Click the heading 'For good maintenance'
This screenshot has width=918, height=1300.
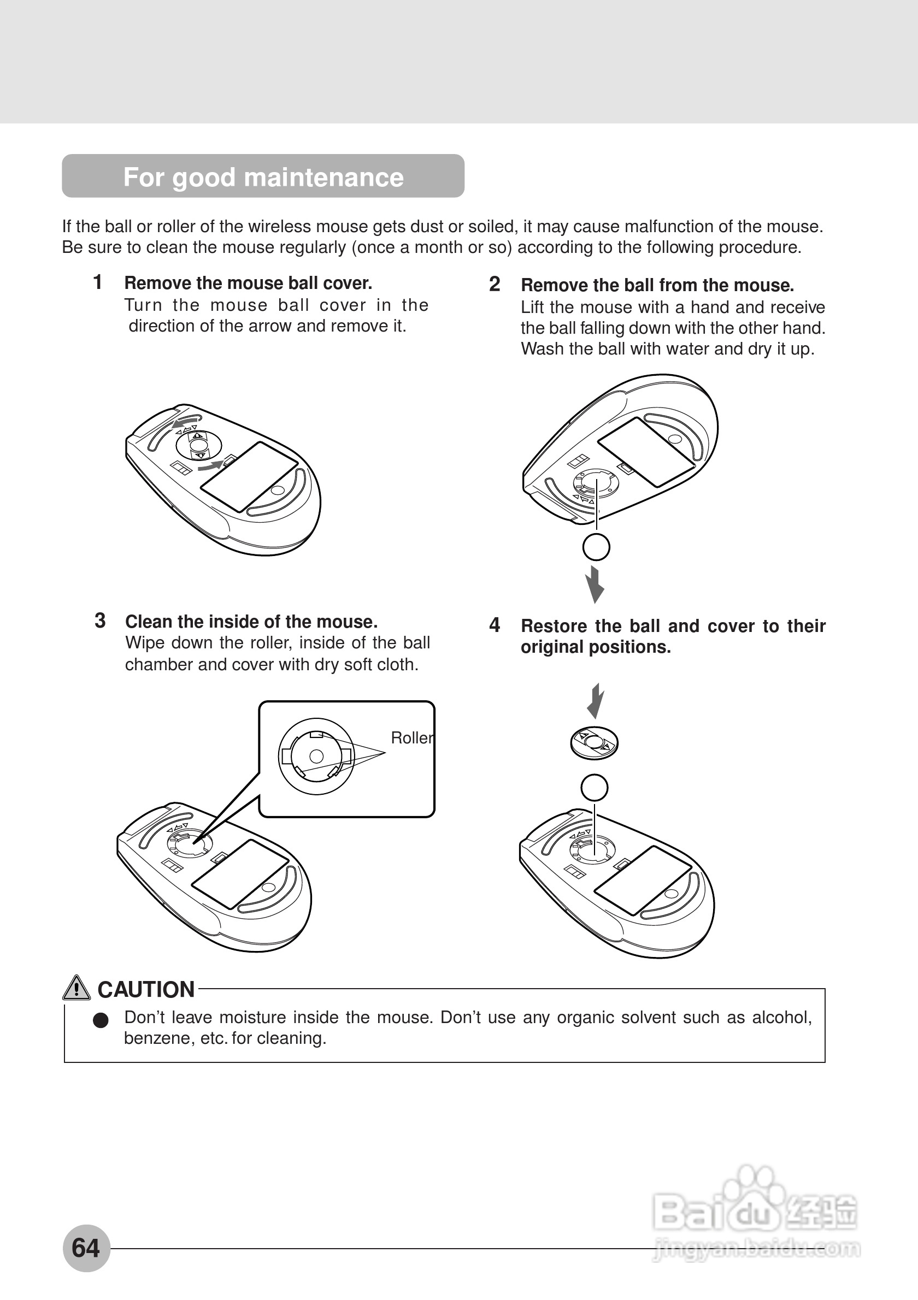pos(263,177)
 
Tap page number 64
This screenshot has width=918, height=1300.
pos(85,1248)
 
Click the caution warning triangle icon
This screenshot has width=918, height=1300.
pos(76,988)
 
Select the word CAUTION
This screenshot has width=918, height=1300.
pos(146,990)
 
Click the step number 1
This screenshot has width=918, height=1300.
pos(97,282)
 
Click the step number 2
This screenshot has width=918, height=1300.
pos(495,284)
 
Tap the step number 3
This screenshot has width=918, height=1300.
pos(100,621)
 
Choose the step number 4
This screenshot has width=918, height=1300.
pos(495,625)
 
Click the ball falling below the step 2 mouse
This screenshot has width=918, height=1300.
pos(596,547)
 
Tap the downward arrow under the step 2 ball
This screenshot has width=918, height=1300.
pos(594,584)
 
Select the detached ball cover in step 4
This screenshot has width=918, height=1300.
pos(594,743)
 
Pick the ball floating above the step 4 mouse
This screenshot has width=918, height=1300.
pos(595,788)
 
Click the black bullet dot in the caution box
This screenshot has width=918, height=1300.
pos(101,1020)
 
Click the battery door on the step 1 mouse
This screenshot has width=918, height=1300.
pos(249,477)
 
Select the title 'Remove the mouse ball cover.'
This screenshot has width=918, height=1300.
pos(248,283)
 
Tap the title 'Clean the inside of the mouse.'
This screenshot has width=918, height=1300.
pos(251,622)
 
